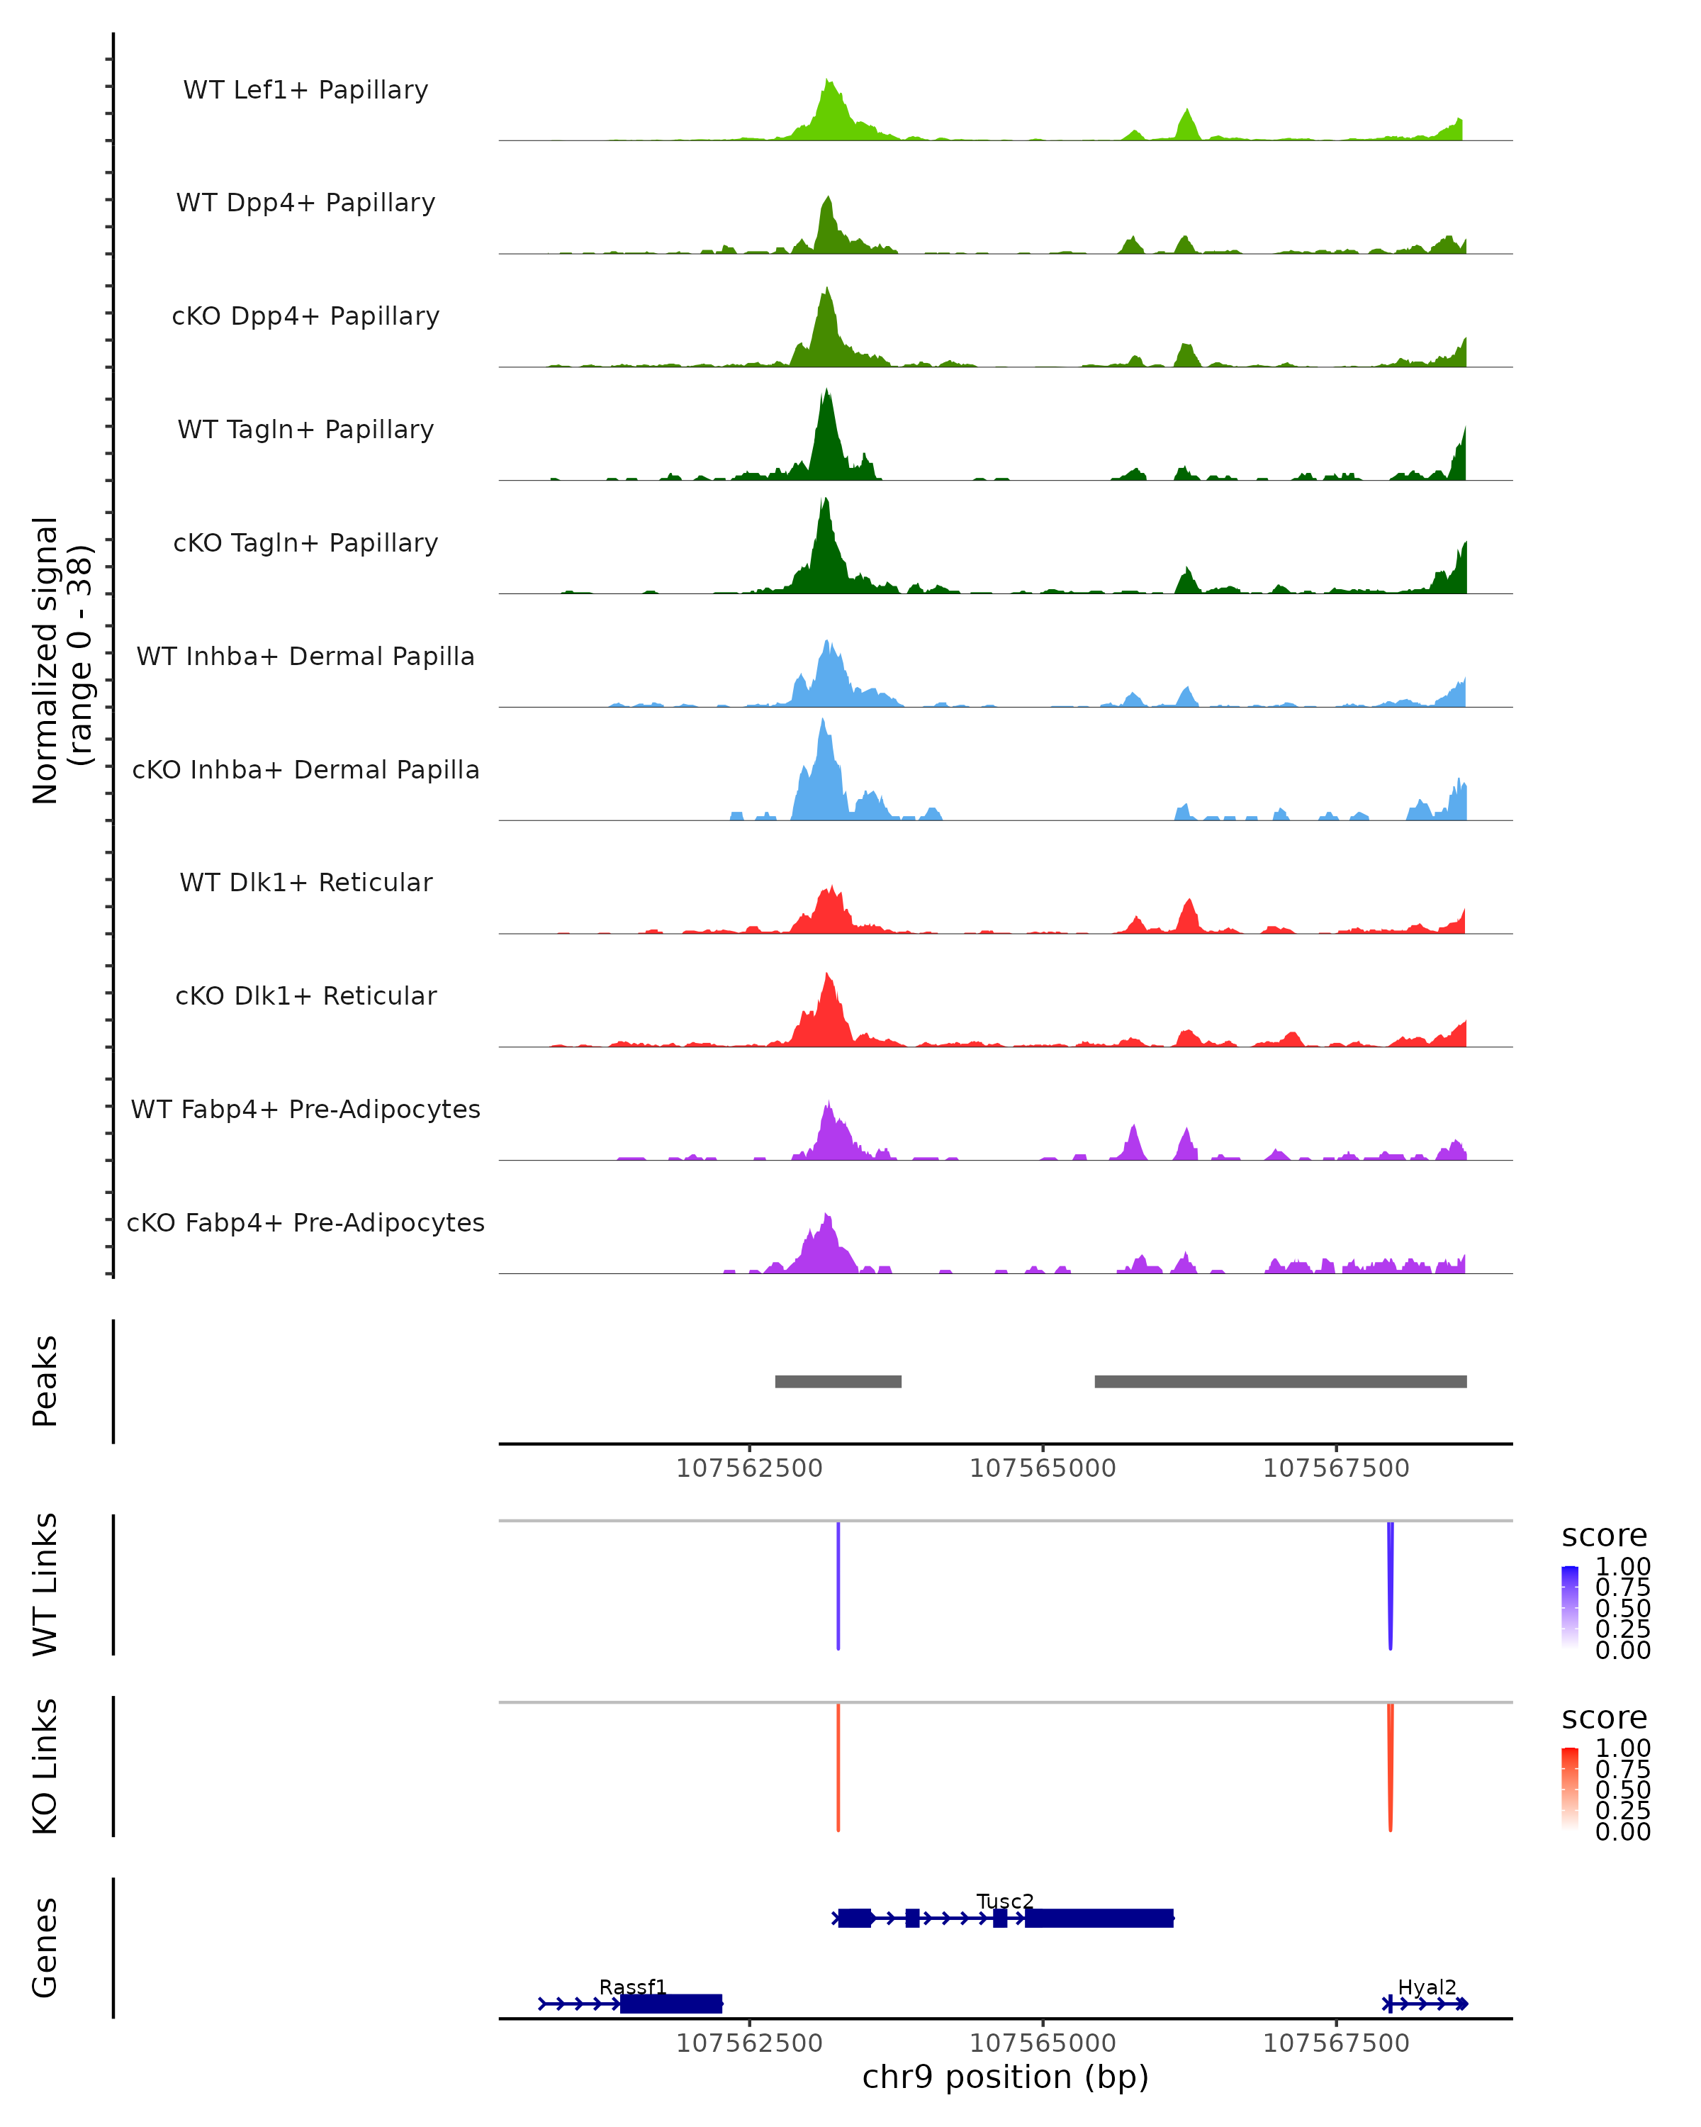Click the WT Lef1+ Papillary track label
coord(305,90)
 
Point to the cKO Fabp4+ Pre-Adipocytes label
coord(305,1222)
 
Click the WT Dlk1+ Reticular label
coord(305,882)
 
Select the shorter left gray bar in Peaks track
coord(838,1381)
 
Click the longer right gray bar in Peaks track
coord(1280,1381)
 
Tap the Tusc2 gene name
coord(1005,1901)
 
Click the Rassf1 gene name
coord(633,1987)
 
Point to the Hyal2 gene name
coord(1427,1987)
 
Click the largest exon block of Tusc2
coord(1099,1918)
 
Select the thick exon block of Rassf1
coord(671,2004)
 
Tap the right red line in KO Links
coord(1391,1766)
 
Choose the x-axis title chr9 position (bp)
coord(1005,2077)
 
